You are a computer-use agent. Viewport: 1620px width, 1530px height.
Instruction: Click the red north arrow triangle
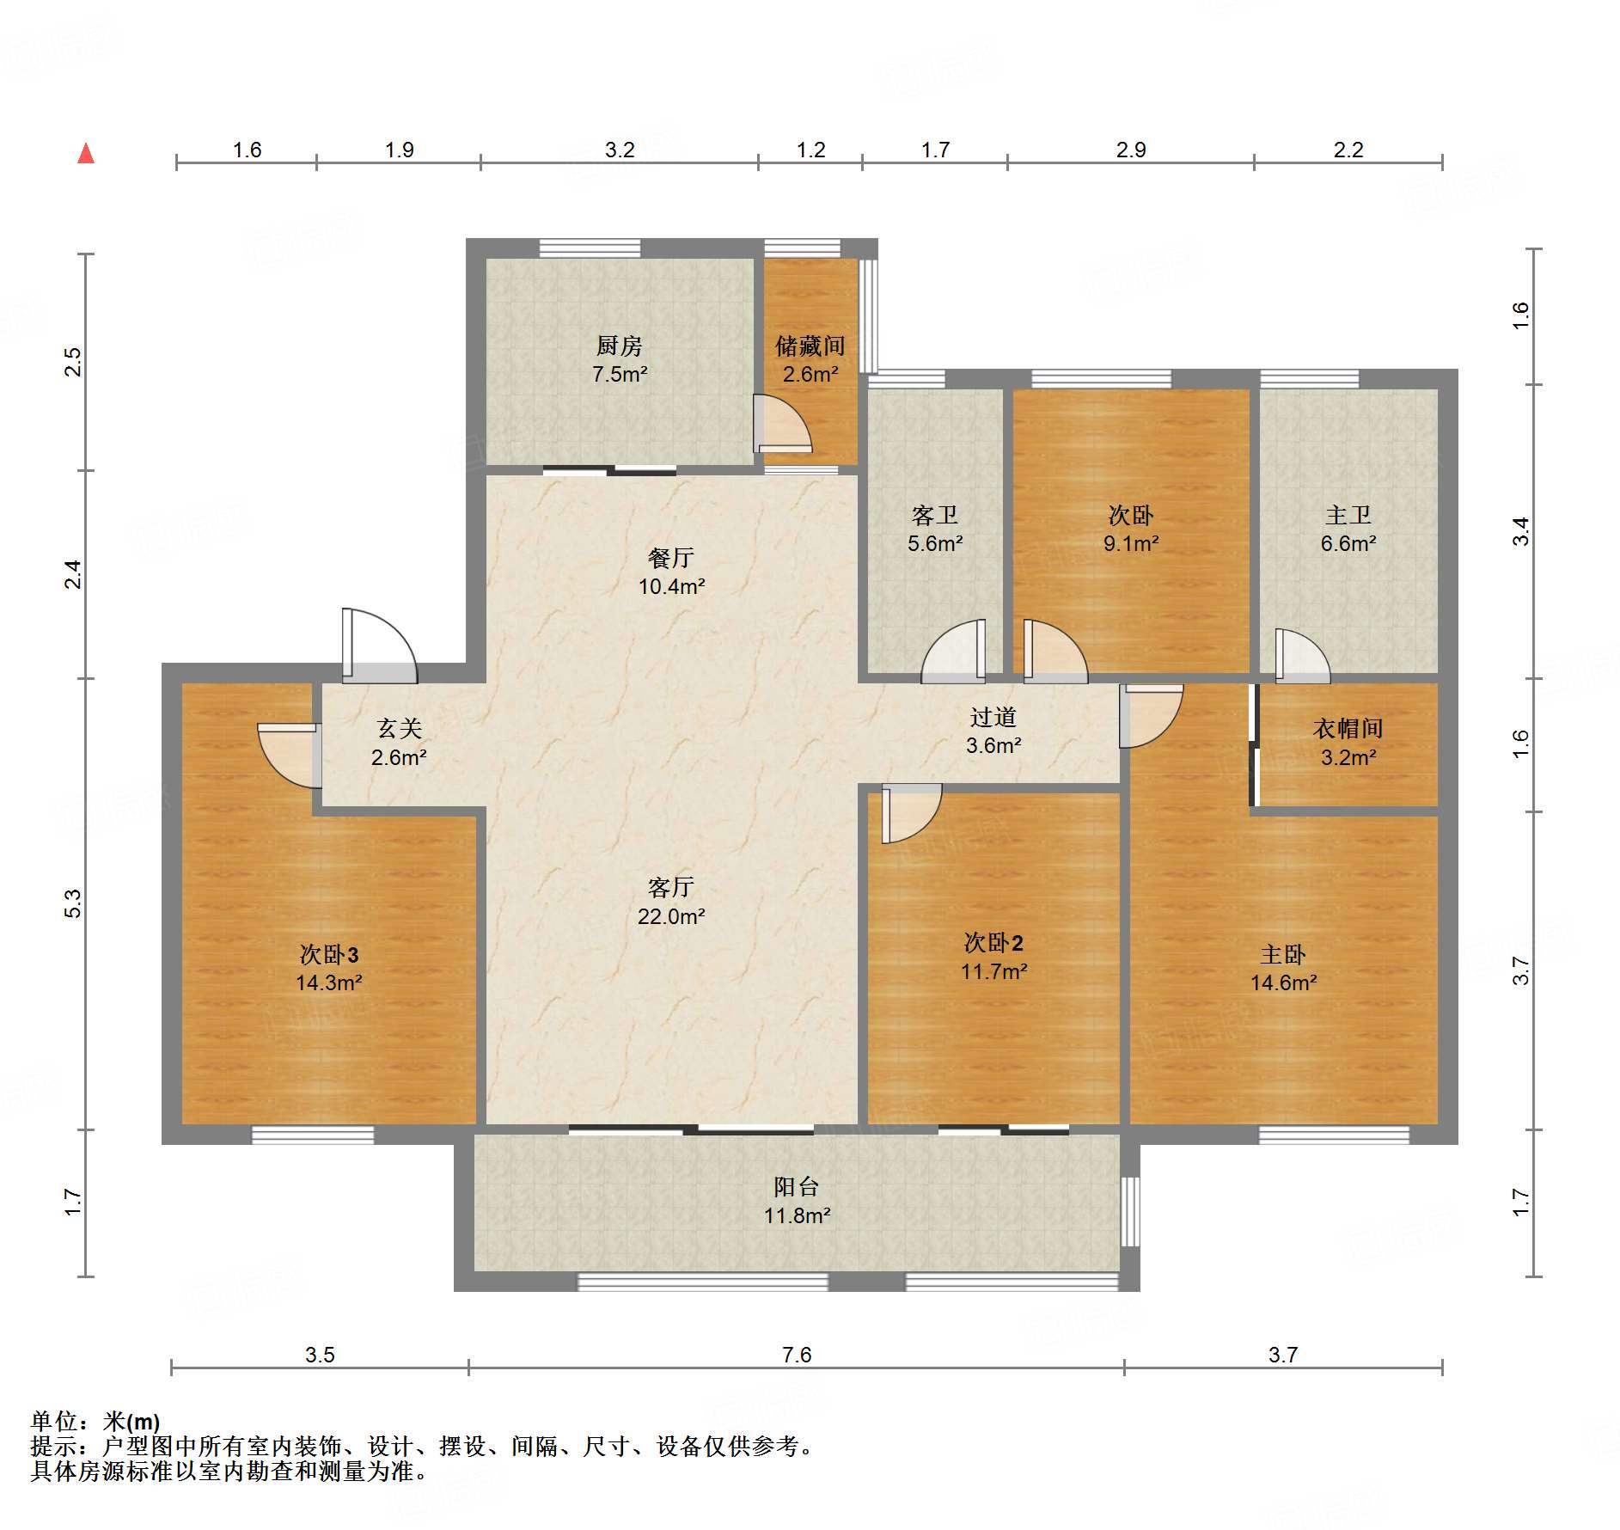[86, 154]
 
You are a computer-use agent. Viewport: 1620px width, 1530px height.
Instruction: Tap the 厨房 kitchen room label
[619, 346]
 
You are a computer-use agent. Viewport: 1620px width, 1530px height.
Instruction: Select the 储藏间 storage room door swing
[782, 423]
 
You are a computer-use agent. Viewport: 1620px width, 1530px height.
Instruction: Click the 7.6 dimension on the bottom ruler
[797, 1355]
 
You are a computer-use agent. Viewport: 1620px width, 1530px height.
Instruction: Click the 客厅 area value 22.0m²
[671, 916]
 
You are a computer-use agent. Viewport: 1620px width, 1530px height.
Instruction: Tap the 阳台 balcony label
[796, 1187]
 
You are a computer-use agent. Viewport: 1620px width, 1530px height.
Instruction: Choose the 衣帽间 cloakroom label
[1348, 729]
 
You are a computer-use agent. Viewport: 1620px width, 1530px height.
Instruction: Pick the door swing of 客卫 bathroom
[953, 651]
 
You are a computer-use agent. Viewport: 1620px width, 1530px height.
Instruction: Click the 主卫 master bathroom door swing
[1302, 656]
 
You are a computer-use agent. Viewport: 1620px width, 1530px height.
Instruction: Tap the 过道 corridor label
[993, 717]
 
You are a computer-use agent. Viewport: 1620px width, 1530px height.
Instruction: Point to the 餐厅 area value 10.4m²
[671, 586]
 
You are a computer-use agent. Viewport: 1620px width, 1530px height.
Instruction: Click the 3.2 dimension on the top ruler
[619, 150]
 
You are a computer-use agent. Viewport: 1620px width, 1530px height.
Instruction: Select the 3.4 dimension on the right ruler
[1521, 531]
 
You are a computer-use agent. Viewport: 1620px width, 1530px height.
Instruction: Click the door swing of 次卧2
[912, 813]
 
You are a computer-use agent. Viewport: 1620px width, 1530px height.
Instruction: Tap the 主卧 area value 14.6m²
[1283, 982]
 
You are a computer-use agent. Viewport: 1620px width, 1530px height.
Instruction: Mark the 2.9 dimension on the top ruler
[1131, 150]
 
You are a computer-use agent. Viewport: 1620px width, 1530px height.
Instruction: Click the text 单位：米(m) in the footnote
[95, 1422]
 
